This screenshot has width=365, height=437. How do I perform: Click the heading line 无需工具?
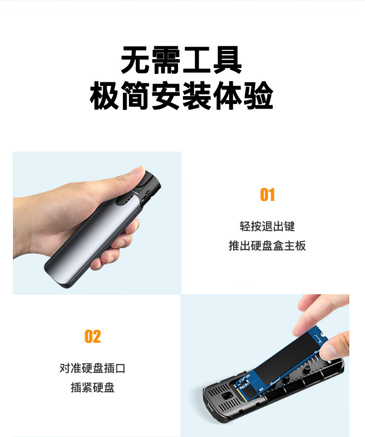(x=181, y=60)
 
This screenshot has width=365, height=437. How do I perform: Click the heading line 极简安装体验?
(x=181, y=95)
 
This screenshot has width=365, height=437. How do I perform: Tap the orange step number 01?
(x=268, y=194)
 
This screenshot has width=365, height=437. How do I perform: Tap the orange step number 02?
(x=92, y=336)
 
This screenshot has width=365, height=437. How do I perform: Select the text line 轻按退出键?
(x=267, y=226)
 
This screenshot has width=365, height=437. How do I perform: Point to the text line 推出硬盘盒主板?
(x=267, y=246)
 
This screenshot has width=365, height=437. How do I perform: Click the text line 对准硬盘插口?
(x=92, y=368)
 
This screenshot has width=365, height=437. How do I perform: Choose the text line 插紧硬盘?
(x=92, y=388)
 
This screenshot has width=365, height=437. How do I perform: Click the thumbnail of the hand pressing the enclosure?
(x=97, y=223)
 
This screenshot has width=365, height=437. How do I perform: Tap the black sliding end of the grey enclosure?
(x=146, y=188)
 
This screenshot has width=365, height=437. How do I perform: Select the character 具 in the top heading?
(x=227, y=60)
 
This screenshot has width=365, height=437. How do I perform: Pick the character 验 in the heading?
(x=258, y=95)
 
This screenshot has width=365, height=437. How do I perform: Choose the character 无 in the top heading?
(x=135, y=60)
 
